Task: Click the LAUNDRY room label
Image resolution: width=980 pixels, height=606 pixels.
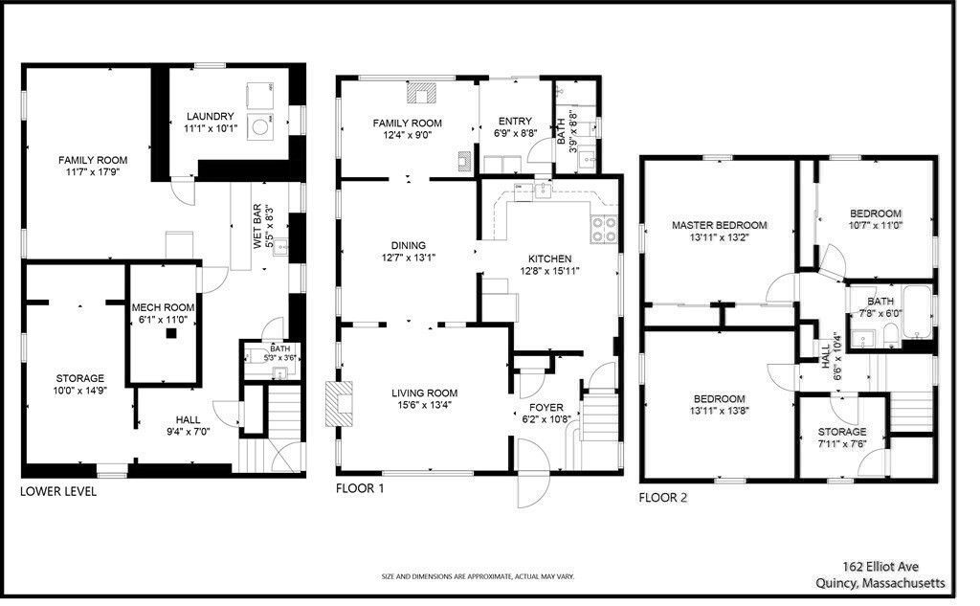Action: pyautogui.click(x=209, y=117)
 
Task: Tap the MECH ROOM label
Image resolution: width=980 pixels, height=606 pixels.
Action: pyautogui.click(x=163, y=307)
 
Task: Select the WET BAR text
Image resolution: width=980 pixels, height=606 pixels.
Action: pyautogui.click(x=257, y=228)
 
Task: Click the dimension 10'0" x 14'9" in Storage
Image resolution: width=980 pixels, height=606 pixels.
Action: pyautogui.click(x=78, y=391)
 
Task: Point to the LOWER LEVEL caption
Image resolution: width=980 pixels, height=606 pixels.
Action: pyautogui.click(x=58, y=491)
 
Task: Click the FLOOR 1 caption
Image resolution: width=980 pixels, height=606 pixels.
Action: pyautogui.click(x=360, y=488)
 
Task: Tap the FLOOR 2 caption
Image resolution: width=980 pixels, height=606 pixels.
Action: pyautogui.click(x=662, y=497)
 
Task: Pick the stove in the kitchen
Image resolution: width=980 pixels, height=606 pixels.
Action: pyautogui.click(x=604, y=229)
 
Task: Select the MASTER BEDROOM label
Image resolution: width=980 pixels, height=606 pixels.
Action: pyautogui.click(x=720, y=226)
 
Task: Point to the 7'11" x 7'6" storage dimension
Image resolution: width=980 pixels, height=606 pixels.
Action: pyautogui.click(x=841, y=444)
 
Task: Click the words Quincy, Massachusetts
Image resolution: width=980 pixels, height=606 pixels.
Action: pyautogui.click(x=880, y=582)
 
